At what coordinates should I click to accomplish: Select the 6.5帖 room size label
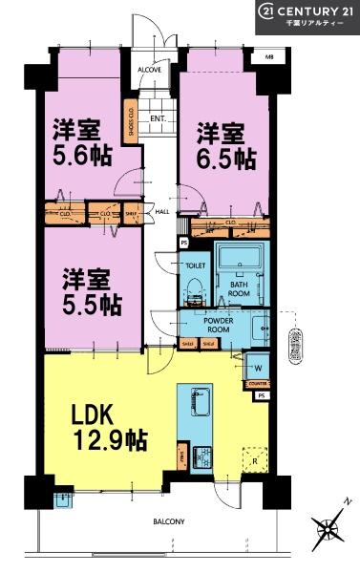tap(225, 142)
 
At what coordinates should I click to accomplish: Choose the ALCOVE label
tap(149, 70)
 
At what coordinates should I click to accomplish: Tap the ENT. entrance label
tap(158, 118)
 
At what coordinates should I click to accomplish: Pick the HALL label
tap(162, 211)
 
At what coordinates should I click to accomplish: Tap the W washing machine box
tap(258, 366)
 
